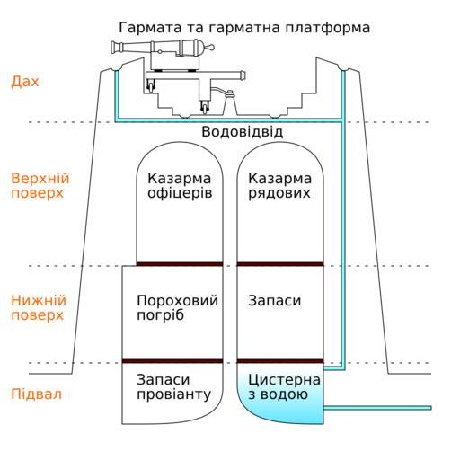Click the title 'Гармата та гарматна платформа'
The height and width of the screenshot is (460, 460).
coord(244,28)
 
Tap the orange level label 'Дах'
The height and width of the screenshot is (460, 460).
coord(25,82)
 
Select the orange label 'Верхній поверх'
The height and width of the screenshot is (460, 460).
coord(40,186)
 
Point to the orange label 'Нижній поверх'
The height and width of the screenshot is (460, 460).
coord(39,307)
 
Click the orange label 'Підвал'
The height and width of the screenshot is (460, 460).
coord(36,394)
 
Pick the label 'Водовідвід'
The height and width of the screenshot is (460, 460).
coord(242,132)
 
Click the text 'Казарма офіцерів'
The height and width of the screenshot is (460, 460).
coord(180,186)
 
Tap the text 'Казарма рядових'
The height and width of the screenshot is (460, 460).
coord(279,186)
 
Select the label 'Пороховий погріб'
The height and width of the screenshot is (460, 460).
coord(177,307)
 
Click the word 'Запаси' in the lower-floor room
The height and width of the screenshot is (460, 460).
coord(274,301)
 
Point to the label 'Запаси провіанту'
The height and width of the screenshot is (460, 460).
coord(173,387)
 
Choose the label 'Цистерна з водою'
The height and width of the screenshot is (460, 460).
coord(284,387)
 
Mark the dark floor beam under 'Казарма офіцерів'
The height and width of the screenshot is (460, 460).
coord(180,264)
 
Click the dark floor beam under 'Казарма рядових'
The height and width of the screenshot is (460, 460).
coord(280,264)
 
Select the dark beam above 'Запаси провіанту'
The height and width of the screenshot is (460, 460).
coord(172,361)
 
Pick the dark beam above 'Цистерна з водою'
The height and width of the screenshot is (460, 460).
coord(280,361)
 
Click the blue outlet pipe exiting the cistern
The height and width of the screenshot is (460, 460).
coord(377,408)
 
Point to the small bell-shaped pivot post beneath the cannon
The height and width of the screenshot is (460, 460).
coord(230,102)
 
